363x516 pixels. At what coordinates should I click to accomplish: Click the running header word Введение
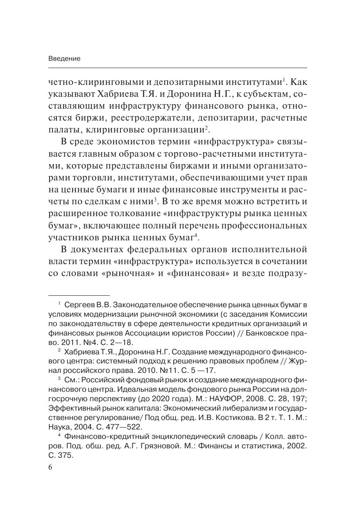[64, 58]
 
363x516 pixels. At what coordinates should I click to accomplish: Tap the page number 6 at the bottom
[50, 468]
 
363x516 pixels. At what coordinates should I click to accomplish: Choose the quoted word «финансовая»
[200, 273]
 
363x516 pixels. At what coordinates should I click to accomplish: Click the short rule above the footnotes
[79, 295]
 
